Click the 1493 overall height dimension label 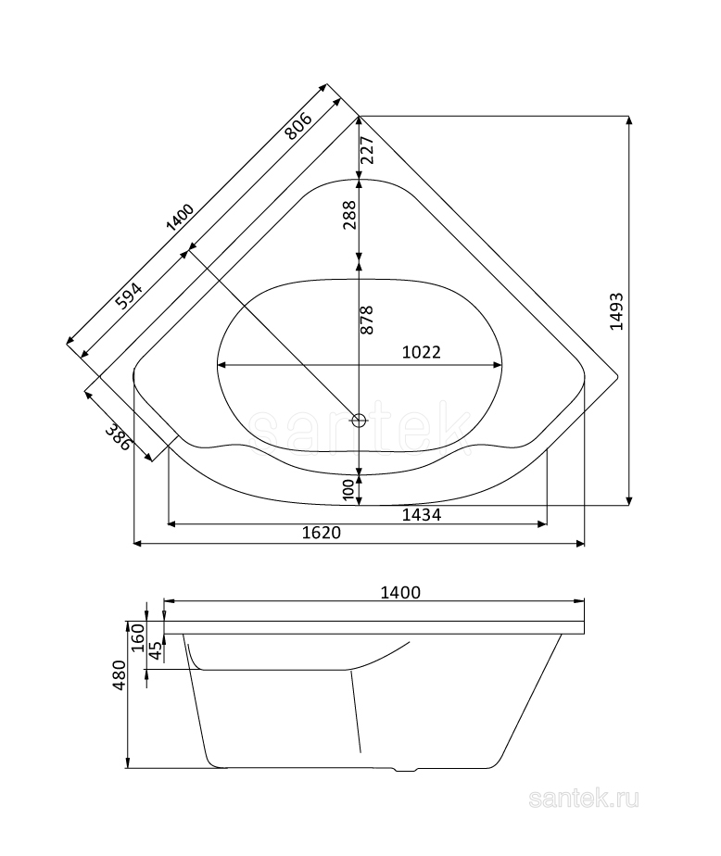[x=616, y=311]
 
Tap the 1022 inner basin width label [x=421, y=352]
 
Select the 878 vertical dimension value [x=367, y=320]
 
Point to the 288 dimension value [x=349, y=215]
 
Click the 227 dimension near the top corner [x=367, y=149]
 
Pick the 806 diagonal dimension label [x=298, y=126]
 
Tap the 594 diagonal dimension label [x=130, y=296]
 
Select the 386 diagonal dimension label [x=119, y=436]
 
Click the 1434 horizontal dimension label [x=421, y=514]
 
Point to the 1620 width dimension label [x=322, y=533]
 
